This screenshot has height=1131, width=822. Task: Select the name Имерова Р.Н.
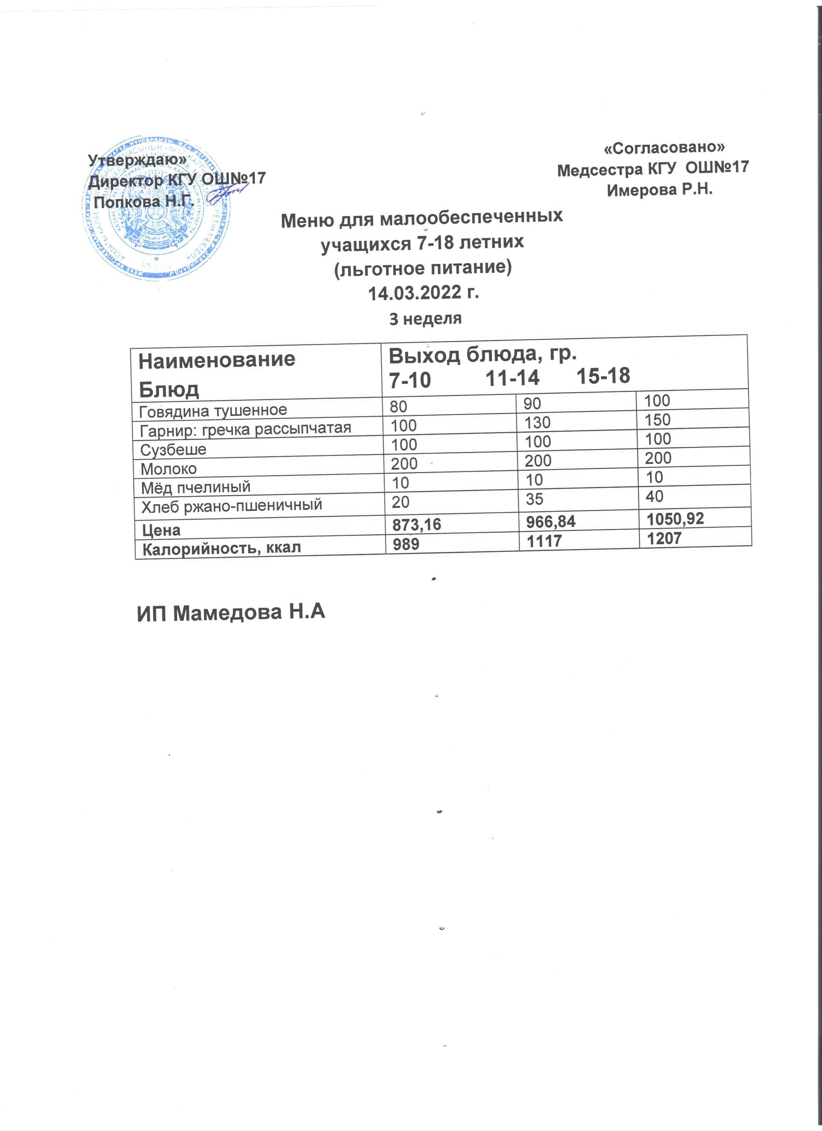click(x=660, y=190)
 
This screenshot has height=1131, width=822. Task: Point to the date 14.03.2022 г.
click(x=423, y=293)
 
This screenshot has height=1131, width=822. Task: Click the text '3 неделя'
click(x=425, y=319)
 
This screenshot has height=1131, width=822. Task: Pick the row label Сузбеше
click(x=173, y=450)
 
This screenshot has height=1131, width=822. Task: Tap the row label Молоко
click(x=169, y=469)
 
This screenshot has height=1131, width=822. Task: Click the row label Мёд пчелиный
click(x=195, y=487)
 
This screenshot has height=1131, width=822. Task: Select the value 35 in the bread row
click(x=534, y=499)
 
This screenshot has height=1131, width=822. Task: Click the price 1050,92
click(x=675, y=519)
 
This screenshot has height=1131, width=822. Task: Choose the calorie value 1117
click(x=544, y=541)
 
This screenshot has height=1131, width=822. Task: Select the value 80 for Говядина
click(x=398, y=407)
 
